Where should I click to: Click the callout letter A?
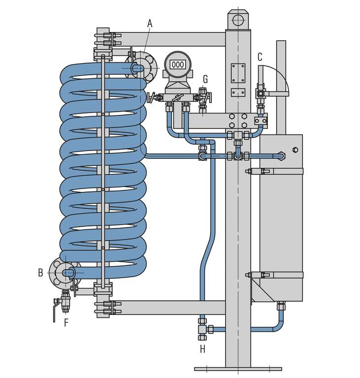[x=150, y=23]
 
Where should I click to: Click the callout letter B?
[x=40, y=272]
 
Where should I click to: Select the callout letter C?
[x=260, y=57]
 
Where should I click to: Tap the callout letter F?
[x=66, y=323]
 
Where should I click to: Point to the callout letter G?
[x=205, y=79]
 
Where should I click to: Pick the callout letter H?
[x=202, y=349]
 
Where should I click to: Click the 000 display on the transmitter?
[x=178, y=64]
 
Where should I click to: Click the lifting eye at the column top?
[x=238, y=20]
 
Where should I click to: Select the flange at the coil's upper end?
[x=142, y=67]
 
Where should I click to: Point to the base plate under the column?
[x=238, y=368]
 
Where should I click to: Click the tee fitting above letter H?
[x=202, y=328]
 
